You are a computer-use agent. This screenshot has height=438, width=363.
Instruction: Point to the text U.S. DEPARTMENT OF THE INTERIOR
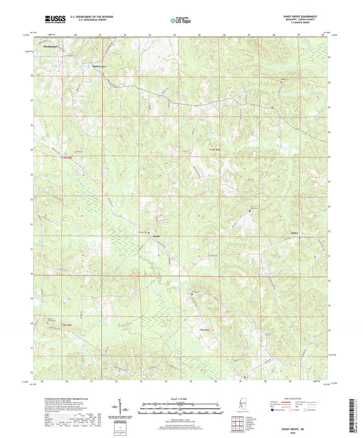(91, 18)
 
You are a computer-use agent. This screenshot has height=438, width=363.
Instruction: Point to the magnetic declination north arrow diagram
(123, 411)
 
